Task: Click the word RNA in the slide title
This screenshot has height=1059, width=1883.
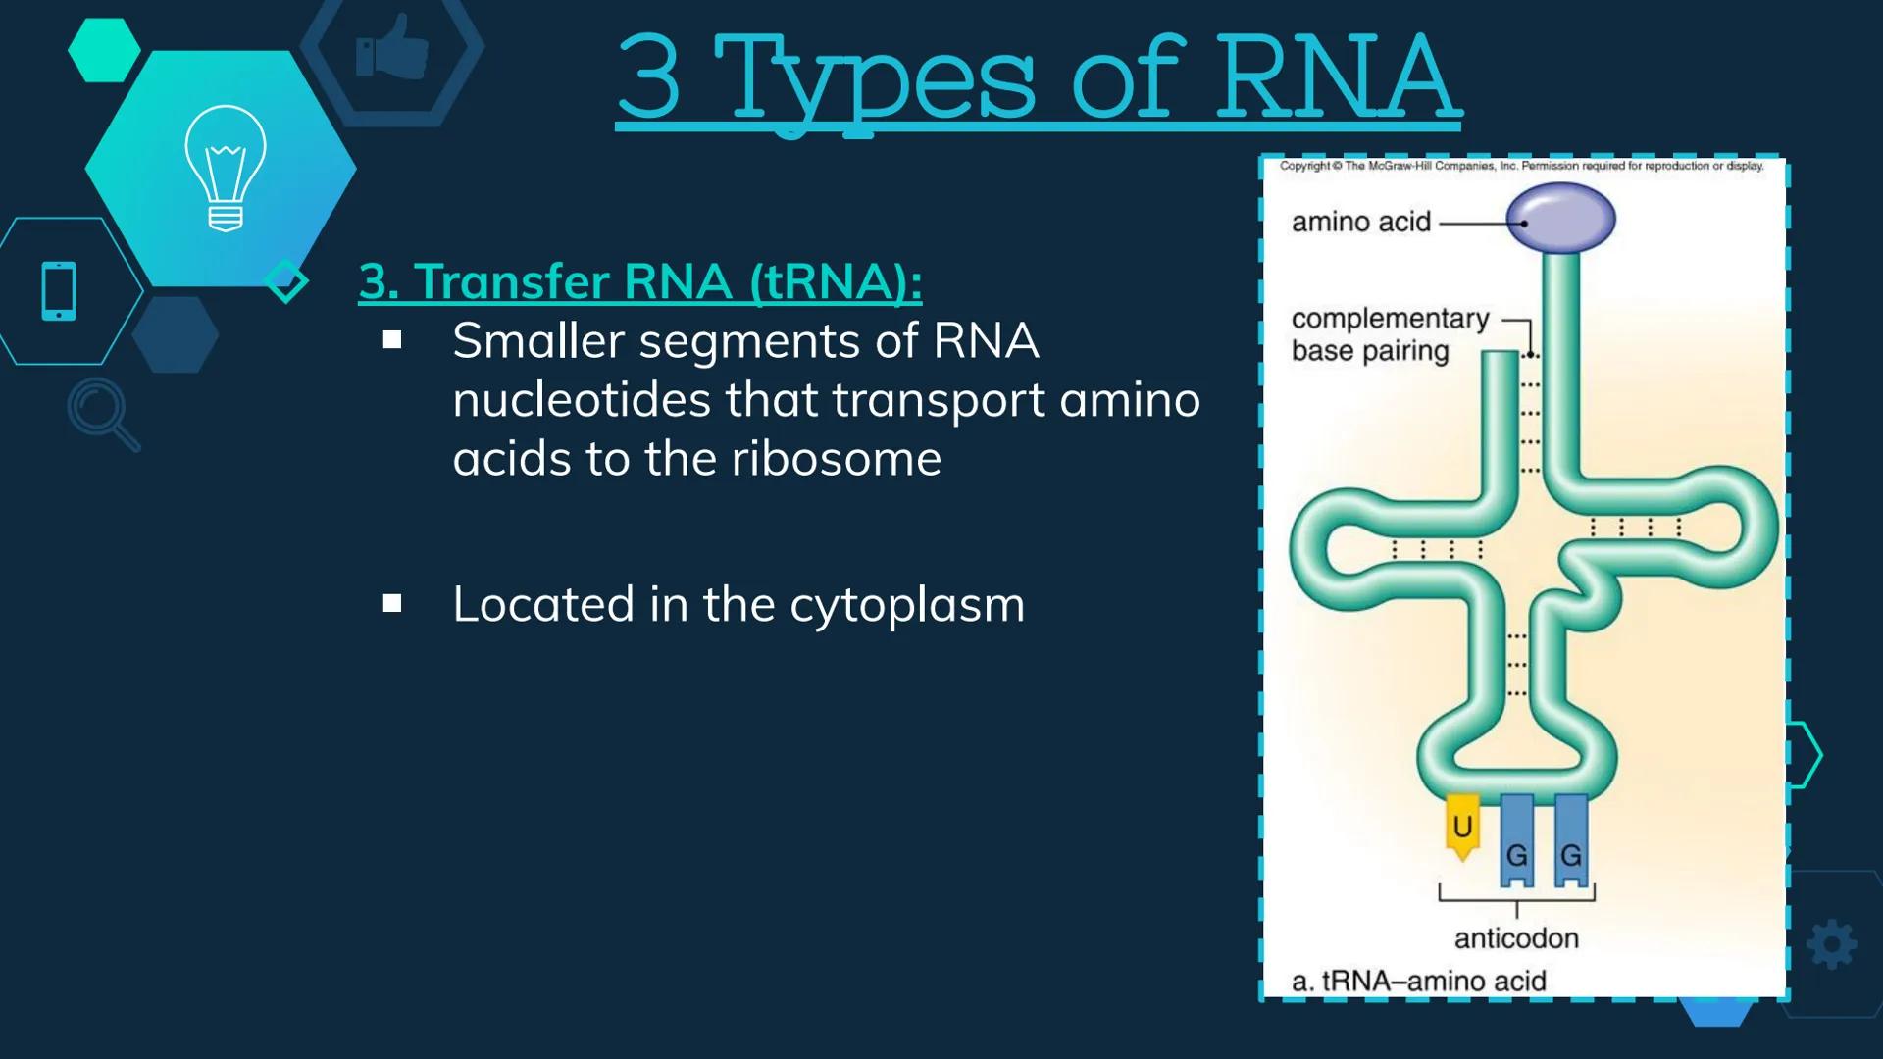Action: tap(1335, 76)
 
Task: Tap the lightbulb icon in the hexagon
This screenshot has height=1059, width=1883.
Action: tap(226, 169)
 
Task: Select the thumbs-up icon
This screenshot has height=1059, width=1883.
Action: tap(392, 45)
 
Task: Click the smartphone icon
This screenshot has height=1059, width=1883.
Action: tap(59, 291)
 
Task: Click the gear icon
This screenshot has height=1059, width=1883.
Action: tap(1831, 945)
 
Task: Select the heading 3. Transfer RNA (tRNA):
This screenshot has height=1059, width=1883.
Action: tap(640, 282)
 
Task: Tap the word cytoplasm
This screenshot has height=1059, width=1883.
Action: tap(907, 605)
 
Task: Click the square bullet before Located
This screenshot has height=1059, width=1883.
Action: tap(392, 603)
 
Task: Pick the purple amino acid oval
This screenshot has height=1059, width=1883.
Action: tap(1560, 218)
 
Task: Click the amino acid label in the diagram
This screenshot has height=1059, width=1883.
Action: tap(1361, 223)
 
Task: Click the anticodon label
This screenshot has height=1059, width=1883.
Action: tap(1516, 938)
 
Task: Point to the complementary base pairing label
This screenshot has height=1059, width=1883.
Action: tap(1390, 334)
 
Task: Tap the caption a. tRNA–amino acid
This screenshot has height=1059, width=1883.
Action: tap(1419, 981)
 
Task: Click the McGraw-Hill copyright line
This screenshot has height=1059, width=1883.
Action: tap(1521, 167)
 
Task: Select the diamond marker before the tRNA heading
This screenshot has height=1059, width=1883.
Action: tap(286, 281)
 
